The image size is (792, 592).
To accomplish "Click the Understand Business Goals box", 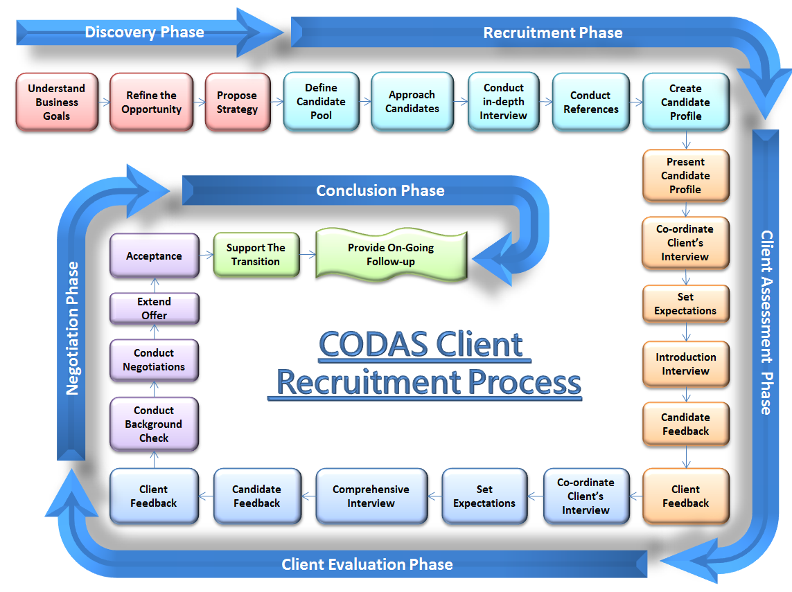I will [57, 102].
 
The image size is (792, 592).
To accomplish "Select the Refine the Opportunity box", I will [152, 102].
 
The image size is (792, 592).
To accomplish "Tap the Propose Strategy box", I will [237, 102].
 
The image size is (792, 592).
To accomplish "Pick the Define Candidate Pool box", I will [321, 102].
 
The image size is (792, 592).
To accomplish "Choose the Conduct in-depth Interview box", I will [504, 102].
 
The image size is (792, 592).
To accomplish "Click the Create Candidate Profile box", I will [685, 102].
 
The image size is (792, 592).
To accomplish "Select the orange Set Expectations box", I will [685, 304].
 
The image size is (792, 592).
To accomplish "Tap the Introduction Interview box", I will [685, 364].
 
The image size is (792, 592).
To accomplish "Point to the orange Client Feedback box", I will [685, 496].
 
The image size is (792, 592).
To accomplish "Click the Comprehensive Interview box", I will [371, 496].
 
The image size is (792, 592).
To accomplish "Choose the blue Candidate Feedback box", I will [256, 496].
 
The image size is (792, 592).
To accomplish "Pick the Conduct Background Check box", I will [154, 424].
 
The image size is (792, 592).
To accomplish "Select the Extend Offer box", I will [154, 309].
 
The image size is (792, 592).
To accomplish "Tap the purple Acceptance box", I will [154, 256].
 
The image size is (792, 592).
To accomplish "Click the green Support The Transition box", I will [256, 255].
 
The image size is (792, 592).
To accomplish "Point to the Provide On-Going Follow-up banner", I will [391, 255].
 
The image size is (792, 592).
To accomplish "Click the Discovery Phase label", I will [144, 32].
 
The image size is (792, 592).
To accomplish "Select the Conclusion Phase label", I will [380, 190].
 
